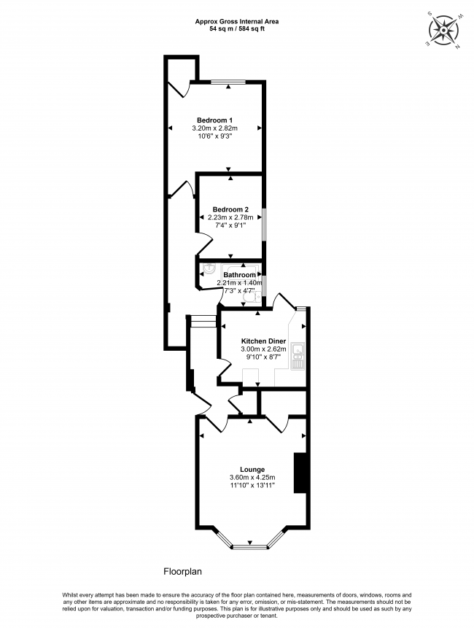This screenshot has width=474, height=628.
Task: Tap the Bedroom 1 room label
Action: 215,120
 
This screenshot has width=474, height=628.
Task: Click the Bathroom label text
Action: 239,275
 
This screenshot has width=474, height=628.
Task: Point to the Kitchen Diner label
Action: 263,341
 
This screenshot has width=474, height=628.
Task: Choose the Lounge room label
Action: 252,469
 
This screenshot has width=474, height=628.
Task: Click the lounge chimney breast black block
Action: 299,473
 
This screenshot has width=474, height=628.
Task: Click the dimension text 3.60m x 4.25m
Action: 252,478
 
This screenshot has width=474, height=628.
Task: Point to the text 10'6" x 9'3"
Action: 215,136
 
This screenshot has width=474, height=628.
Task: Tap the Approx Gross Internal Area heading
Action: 236,22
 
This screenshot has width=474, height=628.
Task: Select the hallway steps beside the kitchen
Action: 202,322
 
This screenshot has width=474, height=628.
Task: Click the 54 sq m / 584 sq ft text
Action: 236,29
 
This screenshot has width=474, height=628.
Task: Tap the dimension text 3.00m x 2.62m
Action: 263,349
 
